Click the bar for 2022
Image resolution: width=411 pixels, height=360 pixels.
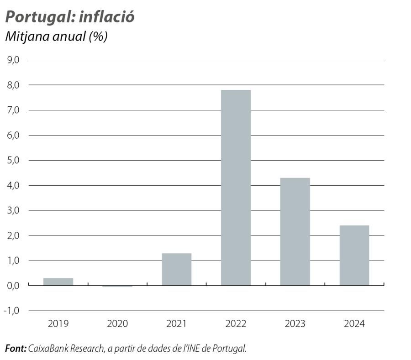click(x=236, y=188)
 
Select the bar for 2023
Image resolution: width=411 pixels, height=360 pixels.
click(x=295, y=231)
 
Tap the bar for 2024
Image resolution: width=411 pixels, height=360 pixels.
click(x=354, y=255)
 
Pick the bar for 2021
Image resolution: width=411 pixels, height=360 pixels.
click(x=177, y=269)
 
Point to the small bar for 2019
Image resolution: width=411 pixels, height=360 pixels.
click(x=58, y=282)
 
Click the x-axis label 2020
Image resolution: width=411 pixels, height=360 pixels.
click(x=117, y=324)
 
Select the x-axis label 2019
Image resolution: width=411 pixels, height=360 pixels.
click(x=58, y=324)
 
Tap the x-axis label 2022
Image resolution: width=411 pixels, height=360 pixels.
click(x=236, y=324)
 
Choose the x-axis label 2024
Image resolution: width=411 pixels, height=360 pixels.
click(x=354, y=324)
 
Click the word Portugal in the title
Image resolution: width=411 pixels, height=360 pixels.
click(x=38, y=17)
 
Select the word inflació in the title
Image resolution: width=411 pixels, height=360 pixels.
click(x=107, y=17)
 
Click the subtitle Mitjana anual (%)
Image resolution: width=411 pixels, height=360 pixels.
click(x=56, y=37)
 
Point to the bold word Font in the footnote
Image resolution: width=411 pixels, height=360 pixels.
click(x=16, y=349)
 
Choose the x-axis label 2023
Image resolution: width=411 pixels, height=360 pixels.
click(x=295, y=324)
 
